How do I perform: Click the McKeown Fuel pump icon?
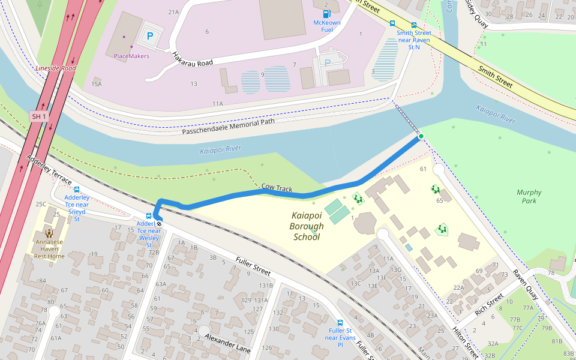[326, 13]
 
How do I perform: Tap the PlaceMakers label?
[131, 56]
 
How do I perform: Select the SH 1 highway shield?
[39, 116]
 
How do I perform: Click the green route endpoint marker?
[421, 137]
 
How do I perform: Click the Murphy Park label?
[529, 197]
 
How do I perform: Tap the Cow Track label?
[277, 188]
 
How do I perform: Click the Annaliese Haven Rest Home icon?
[49, 233]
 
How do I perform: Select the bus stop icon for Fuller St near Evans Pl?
[340, 322]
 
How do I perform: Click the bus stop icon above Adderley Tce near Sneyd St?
[77, 190]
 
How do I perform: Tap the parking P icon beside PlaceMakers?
[150, 36]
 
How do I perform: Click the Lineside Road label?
[55, 68]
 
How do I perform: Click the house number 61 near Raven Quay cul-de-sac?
[423, 169]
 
